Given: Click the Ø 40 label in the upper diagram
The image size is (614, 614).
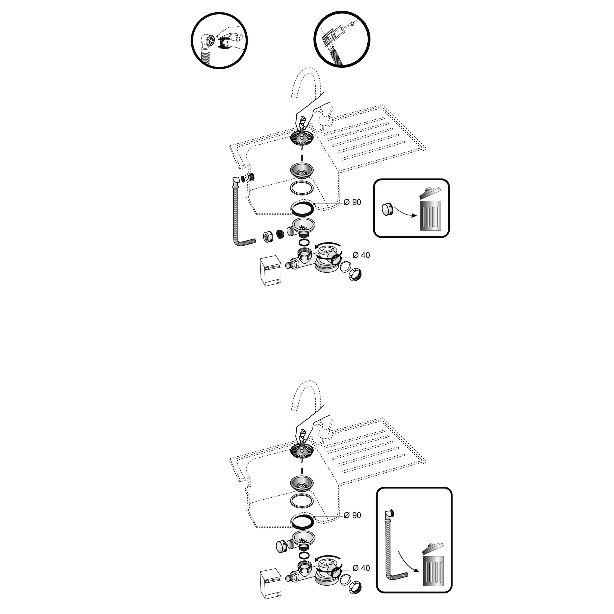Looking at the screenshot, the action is [x=361, y=255].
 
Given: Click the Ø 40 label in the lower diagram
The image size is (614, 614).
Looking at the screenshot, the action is [x=361, y=568].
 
